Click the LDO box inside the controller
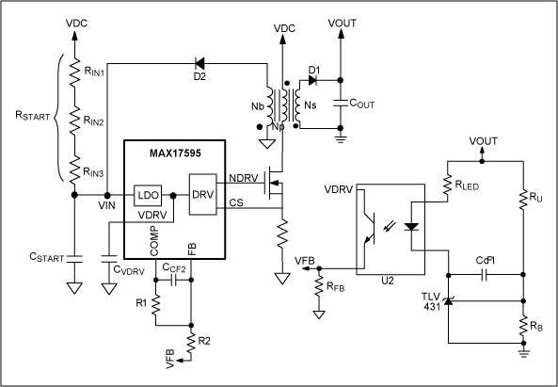click(x=148, y=195)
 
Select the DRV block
click(x=203, y=194)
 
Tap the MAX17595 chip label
click(x=175, y=153)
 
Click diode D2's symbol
click(x=199, y=64)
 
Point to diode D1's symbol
click(x=312, y=80)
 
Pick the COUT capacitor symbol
click(x=341, y=104)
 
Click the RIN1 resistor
click(x=74, y=73)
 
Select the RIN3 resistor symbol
click(x=74, y=170)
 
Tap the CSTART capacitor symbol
click(x=74, y=259)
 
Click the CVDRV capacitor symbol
click(x=109, y=259)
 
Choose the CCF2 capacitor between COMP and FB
click(x=174, y=281)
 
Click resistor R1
click(x=155, y=305)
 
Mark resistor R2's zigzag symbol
click(x=191, y=343)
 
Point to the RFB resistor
click(x=319, y=285)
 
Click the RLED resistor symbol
click(x=448, y=185)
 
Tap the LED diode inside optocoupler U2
click(x=411, y=227)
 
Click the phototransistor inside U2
click(x=369, y=228)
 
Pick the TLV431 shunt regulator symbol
click(x=448, y=301)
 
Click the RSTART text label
click(x=32, y=116)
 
